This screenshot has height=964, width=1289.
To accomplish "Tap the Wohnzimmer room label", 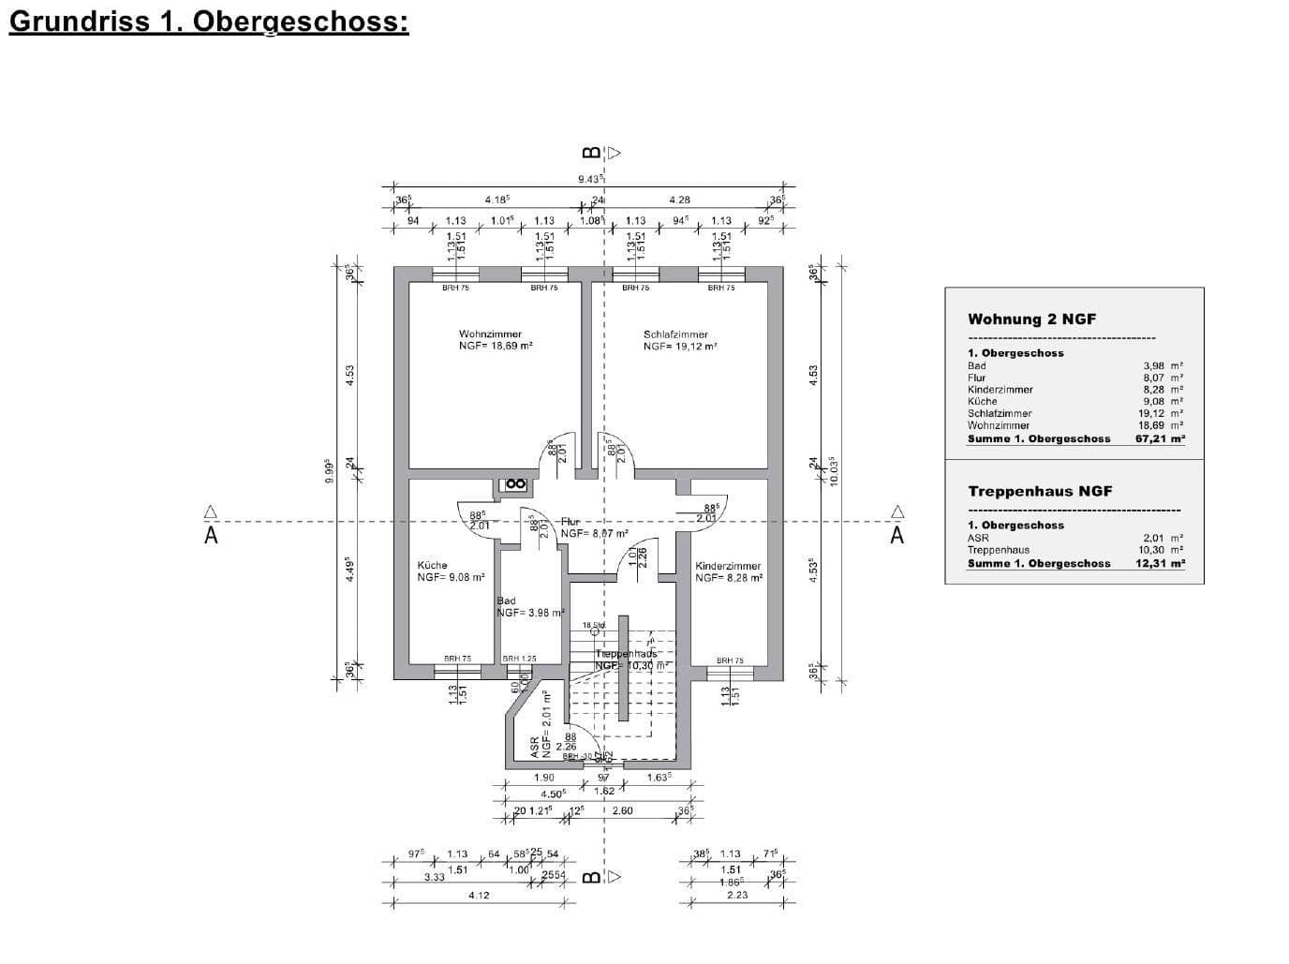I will (x=490, y=334).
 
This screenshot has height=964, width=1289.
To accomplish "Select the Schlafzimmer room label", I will (x=675, y=334).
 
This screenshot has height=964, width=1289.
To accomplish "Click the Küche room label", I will (x=432, y=566).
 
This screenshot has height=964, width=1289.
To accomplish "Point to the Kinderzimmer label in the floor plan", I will (x=728, y=566).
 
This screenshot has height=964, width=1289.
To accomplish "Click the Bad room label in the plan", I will (x=506, y=601).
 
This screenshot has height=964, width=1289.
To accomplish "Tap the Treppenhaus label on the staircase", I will (x=626, y=653).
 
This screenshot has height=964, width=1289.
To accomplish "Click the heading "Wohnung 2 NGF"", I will (x=1031, y=319).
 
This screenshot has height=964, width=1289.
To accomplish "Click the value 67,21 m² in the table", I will (x=1160, y=438).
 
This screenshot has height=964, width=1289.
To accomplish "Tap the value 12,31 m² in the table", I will (x=1160, y=563).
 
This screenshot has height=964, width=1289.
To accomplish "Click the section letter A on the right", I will (x=897, y=536).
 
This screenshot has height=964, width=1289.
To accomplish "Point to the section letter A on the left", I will (x=211, y=536).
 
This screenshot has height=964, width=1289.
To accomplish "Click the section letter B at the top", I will (x=590, y=153).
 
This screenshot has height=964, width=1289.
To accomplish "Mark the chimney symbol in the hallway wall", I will (x=514, y=484).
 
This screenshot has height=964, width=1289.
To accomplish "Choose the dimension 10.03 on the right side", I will (x=832, y=469).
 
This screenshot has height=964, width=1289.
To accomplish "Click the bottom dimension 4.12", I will (x=479, y=896).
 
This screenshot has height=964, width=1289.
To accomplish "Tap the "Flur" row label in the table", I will (x=976, y=378).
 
